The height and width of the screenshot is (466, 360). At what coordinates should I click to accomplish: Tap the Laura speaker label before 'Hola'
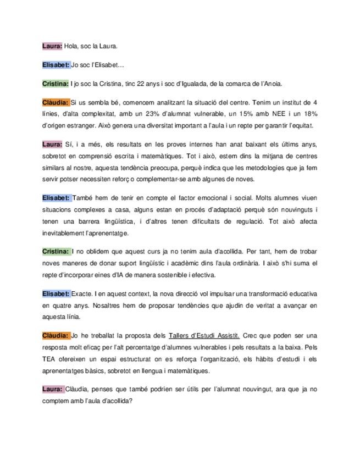[x=52, y=46]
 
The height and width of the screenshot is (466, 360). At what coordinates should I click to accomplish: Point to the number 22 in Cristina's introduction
[x=136, y=84]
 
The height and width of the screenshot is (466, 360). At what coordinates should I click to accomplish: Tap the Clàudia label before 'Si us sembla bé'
[x=56, y=103]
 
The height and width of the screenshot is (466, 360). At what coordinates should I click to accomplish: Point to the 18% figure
[x=310, y=114]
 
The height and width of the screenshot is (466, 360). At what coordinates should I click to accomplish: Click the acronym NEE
[x=270, y=114]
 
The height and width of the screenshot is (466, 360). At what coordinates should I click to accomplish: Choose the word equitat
[x=301, y=125]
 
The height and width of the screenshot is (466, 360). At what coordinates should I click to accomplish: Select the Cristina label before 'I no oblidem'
[x=56, y=251]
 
